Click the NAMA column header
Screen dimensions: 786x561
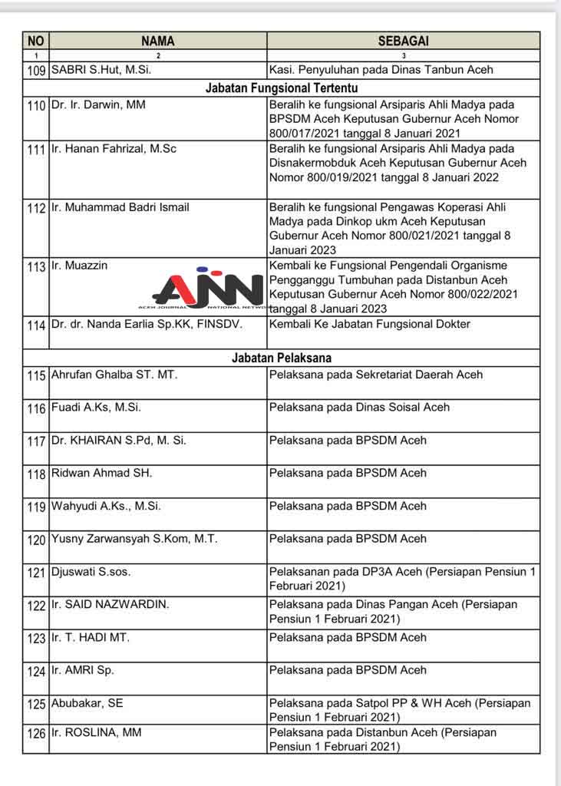(x=157, y=41)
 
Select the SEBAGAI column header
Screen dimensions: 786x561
(x=403, y=41)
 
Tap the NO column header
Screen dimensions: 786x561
(x=36, y=41)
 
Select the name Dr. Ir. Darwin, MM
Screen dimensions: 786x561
(x=97, y=105)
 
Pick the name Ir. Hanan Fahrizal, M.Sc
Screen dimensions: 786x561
(x=114, y=149)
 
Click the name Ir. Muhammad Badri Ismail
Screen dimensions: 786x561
(x=120, y=207)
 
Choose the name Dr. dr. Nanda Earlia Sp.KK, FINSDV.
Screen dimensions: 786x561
(x=147, y=325)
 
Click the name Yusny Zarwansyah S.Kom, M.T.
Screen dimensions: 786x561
(x=134, y=539)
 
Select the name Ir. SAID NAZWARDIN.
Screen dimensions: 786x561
(x=110, y=605)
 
